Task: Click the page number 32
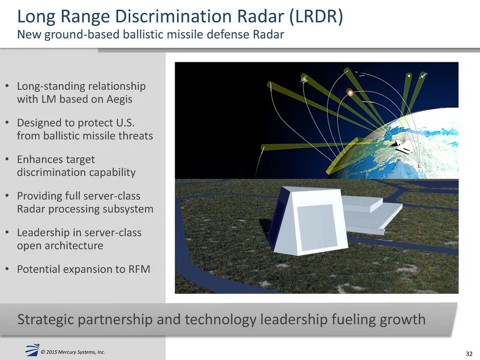point(469,353)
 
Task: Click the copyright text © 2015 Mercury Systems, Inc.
point(73,351)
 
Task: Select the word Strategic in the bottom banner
point(44,320)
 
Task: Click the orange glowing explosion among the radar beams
point(350,92)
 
